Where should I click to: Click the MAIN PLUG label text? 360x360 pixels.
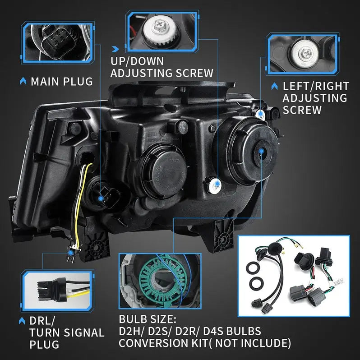pyautogui.click(x=61, y=82)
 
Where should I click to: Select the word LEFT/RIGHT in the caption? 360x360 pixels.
pyautogui.click(x=316, y=86)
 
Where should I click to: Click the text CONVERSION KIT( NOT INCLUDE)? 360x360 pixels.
pyautogui.click(x=205, y=343)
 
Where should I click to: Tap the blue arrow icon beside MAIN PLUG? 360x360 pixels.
pyautogui.click(x=23, y=82)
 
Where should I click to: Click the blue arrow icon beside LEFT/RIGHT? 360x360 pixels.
pyautogui.click(x=274, y=86)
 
